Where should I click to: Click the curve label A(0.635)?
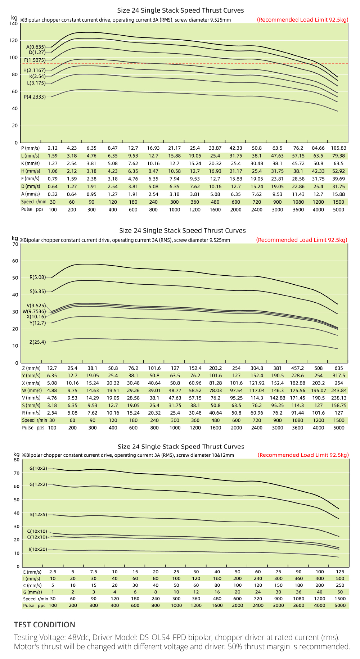tap(36, 47)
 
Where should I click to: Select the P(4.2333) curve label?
tap(35, 97)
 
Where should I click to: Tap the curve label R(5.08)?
tap(38, 277)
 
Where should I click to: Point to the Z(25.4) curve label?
tap(38, 342)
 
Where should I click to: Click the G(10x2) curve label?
tap(38, 468)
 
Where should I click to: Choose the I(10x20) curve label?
tap(38, 549)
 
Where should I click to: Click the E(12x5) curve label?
tap(39, 514)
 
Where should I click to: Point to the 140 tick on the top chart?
tap(14, 24)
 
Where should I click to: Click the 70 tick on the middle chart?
tap(15, 244)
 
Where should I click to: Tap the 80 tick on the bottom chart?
tap(16, 460)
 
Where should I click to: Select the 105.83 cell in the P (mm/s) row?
tap(338, 148)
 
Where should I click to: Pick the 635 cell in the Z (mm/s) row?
tap(339, 368)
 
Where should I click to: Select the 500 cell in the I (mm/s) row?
tap(340, 578)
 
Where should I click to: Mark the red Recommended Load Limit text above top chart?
tap(303, 20)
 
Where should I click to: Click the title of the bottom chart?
tap(181, 447)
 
